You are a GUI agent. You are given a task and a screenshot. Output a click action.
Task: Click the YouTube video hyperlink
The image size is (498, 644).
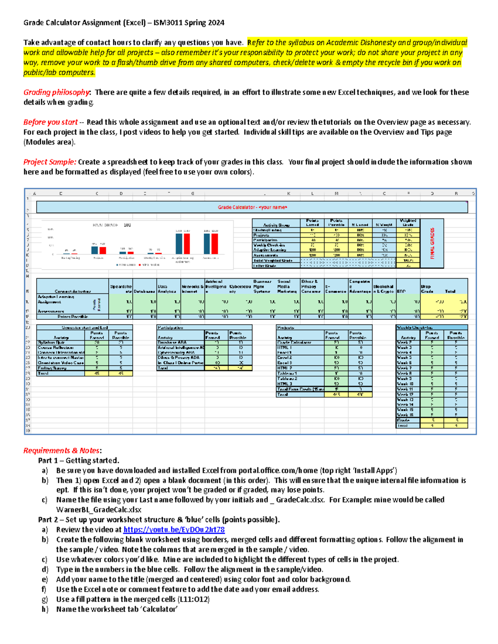[174, 530]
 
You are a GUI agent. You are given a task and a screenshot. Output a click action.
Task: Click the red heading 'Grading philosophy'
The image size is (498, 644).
[56, 92]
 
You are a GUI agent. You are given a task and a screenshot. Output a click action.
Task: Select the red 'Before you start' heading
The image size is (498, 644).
[51, 122]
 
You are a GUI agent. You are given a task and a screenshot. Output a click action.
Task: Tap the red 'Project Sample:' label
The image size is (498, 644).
[50, 162]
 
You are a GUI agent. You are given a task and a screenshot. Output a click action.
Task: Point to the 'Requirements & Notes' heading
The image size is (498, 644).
[61, 450]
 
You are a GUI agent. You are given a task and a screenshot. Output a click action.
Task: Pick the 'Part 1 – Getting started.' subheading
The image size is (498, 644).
[78, 460]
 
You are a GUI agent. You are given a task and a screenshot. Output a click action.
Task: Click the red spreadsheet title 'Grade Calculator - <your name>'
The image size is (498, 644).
[252, 207]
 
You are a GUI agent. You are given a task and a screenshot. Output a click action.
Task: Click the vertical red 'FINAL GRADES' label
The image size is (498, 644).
[432, 243]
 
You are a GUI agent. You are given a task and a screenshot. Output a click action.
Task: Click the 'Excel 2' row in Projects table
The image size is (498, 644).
[285, 357]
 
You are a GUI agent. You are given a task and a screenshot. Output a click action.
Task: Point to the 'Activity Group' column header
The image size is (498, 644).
[276, 225]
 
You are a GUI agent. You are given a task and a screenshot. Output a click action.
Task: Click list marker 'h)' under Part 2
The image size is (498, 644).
[45, 609]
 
